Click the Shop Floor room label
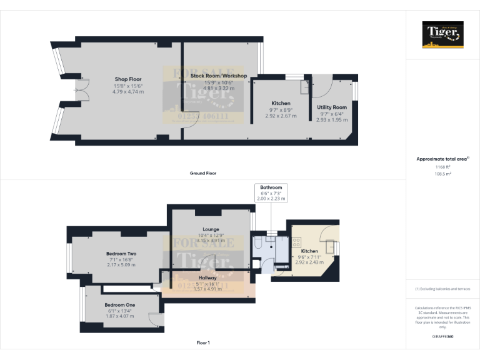(129, 79)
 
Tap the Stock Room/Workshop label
(218, 76)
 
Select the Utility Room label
(332, 107)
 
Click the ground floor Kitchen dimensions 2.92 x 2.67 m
(281, 116)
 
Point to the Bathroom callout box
(271, 193)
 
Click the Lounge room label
(210, 229)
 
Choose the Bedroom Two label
(121, 253)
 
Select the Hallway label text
(208, 277)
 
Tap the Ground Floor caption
(204, 173)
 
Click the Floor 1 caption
(203, 342)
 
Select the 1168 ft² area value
(442, 167)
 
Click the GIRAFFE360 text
(442, 337)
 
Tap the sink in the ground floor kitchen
(304, 86)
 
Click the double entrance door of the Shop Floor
(81, 91)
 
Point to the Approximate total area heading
(442, 159)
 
